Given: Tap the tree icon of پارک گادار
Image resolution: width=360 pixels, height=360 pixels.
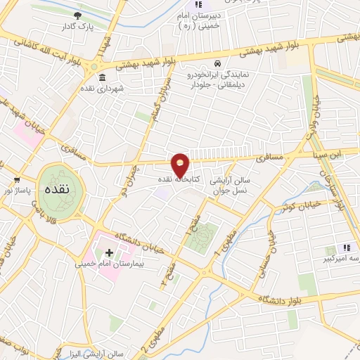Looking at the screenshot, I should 77,15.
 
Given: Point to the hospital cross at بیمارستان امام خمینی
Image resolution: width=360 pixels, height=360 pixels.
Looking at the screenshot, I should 109,251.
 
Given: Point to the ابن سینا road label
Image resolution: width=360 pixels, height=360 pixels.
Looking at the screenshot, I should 310,150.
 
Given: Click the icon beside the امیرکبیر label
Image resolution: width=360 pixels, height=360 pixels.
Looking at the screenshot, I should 346,249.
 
